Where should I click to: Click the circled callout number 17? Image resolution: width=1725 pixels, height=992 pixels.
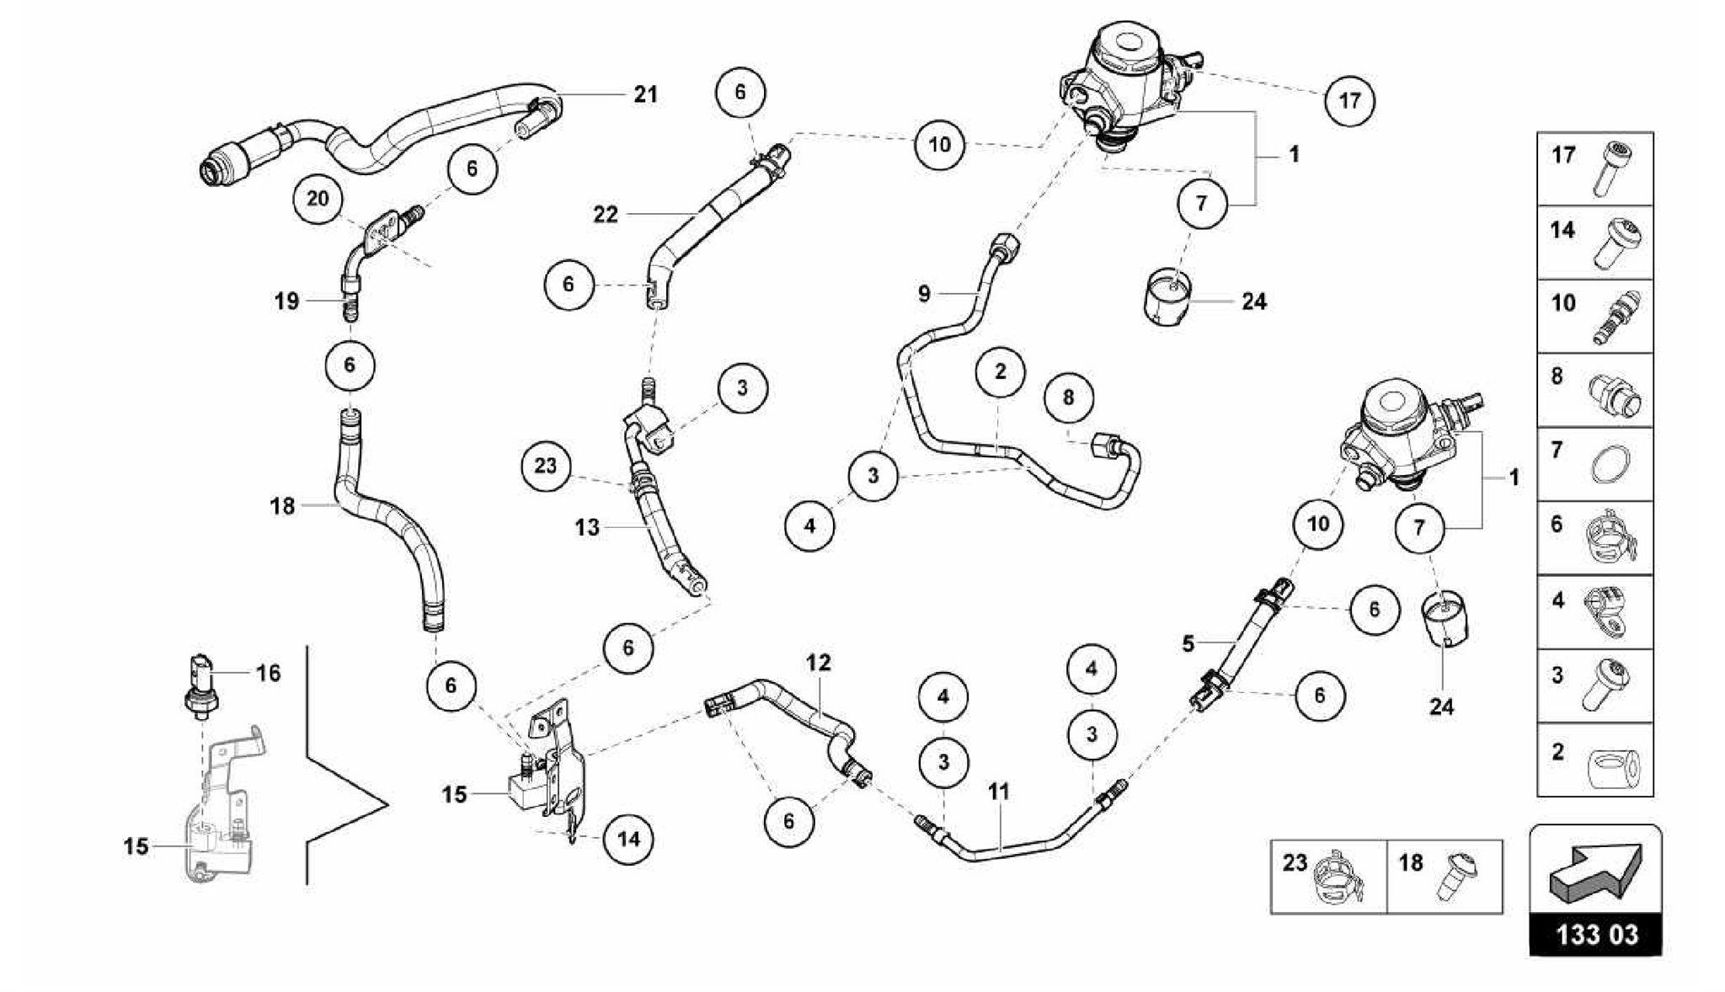1349,101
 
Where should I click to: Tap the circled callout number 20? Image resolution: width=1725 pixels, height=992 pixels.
318,200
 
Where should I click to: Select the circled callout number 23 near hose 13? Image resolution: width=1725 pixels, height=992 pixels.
546,466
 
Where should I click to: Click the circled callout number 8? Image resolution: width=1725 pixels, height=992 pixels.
1068,397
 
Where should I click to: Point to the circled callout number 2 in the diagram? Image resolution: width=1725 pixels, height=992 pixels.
1000,371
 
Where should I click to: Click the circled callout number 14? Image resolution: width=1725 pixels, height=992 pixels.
628,839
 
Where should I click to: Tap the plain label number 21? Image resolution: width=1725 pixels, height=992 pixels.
645,94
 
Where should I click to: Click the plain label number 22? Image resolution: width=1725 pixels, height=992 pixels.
605,215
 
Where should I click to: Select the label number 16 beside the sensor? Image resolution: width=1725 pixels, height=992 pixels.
268,673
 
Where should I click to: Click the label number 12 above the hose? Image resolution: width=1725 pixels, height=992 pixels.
818,663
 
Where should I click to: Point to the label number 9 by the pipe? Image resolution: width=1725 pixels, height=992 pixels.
924,294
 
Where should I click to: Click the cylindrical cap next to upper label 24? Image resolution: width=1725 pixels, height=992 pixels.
1167,296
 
